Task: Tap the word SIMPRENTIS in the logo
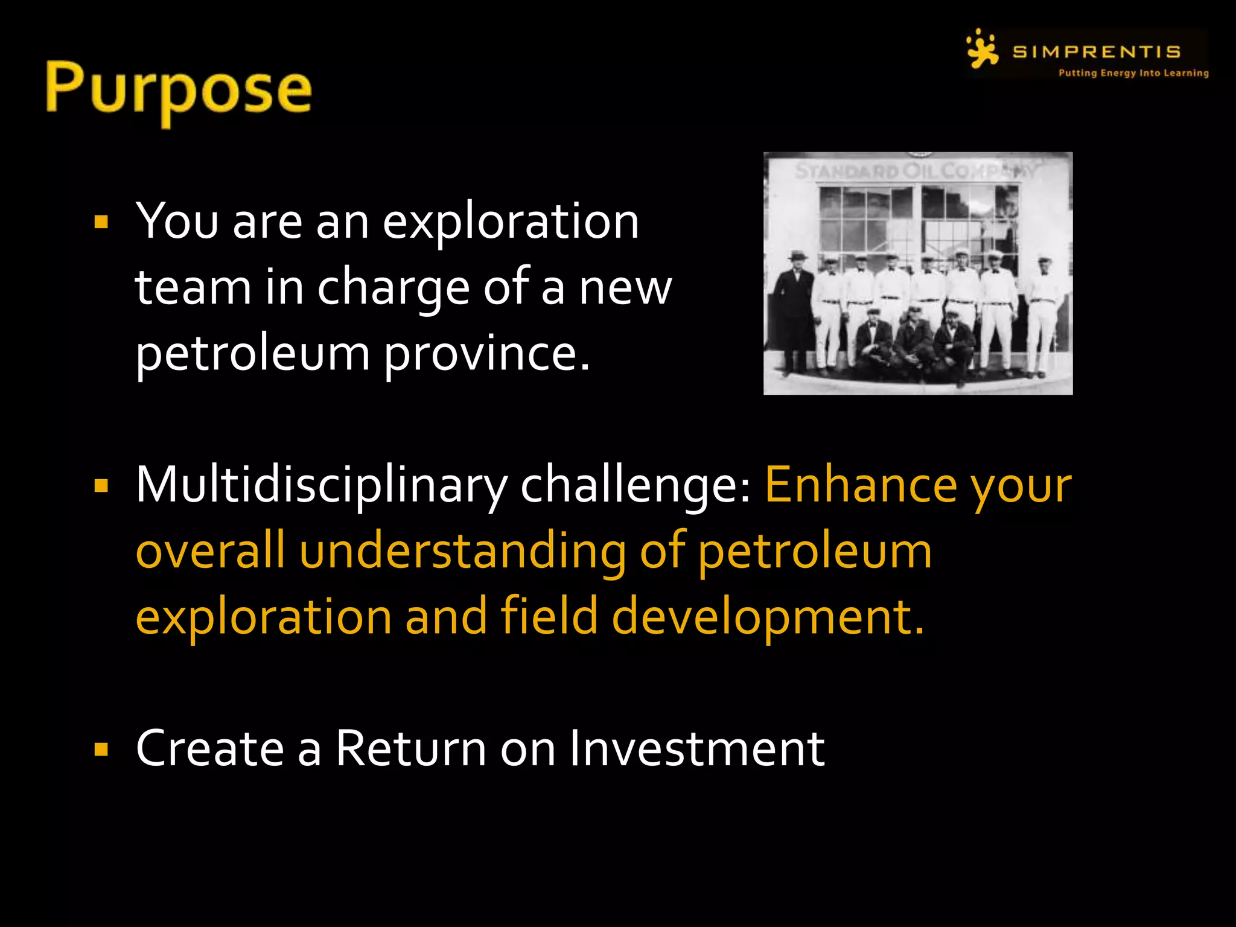pos(1096,52)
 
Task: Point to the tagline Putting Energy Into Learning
pos(1133,73)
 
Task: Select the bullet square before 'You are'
pos(101,222)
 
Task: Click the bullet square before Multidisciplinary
pos(101,486)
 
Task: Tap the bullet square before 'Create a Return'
pos(101,750)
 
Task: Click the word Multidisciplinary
pos(322,486)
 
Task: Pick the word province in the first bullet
pos(486,353)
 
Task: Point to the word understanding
pos(462,551)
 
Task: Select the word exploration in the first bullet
pos(511,222)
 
